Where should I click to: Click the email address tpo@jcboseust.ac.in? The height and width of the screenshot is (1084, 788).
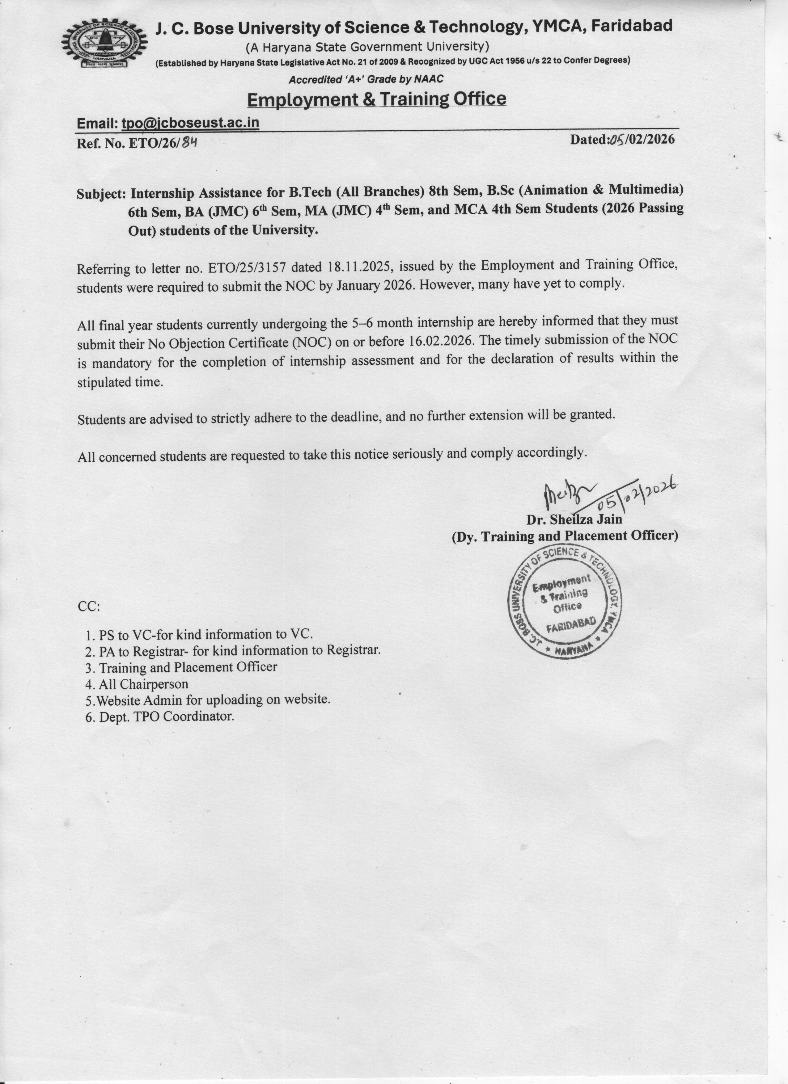pos(190,123)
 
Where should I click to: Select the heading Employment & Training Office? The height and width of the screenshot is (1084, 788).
pos(376,99)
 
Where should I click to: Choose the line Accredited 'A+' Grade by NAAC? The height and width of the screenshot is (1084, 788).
pos(366,79)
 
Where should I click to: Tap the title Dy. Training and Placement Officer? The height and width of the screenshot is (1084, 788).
pos(565,536)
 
